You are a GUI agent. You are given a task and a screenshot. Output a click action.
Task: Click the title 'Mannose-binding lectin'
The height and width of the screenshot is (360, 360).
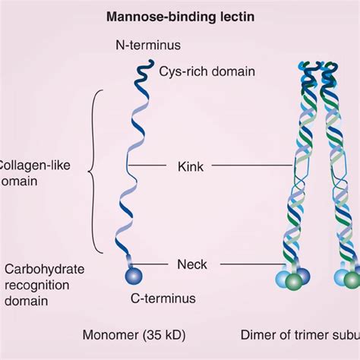(x=179, y=15)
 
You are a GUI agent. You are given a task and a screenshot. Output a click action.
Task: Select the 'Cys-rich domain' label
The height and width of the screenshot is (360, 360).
(x=207, y=72)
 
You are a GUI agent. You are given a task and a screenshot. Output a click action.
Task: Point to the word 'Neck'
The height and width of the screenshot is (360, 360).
(x=192, y=264)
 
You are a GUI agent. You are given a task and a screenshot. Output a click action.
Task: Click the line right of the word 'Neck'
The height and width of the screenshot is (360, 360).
(x=243, y=264)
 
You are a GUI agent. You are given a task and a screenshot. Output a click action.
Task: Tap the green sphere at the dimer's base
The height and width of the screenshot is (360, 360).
(x=295, y=282)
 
